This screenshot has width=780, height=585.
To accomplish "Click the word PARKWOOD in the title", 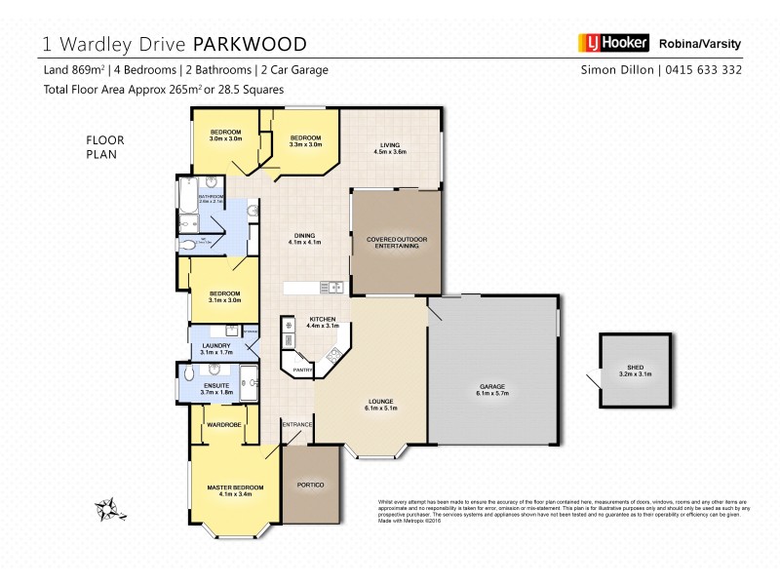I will click(252, 44).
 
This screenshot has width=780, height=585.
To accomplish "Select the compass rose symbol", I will click(106, 509).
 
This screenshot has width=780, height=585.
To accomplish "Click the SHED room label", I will click(634, 368).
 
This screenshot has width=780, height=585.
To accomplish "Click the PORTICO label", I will click(311, 485).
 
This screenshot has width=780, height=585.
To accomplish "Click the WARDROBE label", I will click(224, 424).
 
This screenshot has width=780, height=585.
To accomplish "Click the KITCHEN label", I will click(323, 320).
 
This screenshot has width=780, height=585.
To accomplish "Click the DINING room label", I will click(304, 236).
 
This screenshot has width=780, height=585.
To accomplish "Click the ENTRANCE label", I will click(296, 425).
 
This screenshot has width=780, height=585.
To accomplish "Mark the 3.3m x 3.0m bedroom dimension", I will click(305, 143).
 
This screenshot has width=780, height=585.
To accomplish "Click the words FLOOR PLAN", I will click(106, 146).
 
